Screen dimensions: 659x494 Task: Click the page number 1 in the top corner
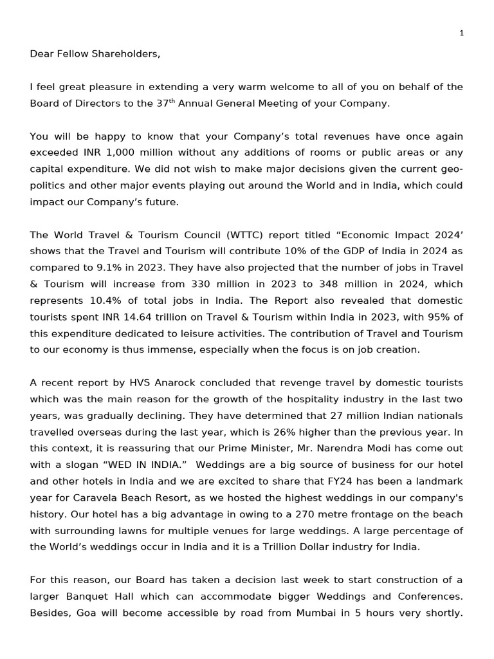click(461, 33)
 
